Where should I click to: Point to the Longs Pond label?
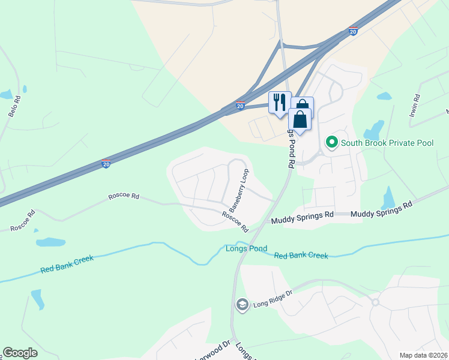pyautogui.click(x=246, y=248)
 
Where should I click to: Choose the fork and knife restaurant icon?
pyautogui.click(x=280, y=102)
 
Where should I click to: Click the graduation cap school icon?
pyautogui.click(x=242, y=304)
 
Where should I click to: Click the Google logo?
pyautogui.click(x=20, y=353)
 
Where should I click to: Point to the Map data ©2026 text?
pyautogui.click(x=423, y=355)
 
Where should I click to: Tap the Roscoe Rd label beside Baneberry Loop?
pyautogui.click(x=235, y=221)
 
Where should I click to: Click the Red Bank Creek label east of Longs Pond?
pyautogui.click(x=301, y=256)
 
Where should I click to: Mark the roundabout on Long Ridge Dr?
pyautogui.click(x=375, y=302)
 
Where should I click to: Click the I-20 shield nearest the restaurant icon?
pyautogui.click(x=240, y=106)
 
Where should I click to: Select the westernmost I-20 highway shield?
pyautogui.click(x=106, y=163)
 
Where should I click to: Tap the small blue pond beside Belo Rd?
pyautogui.click(x=6, y=94)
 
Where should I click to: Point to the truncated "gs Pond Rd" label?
pyautogui.click(x=290, y=148)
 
